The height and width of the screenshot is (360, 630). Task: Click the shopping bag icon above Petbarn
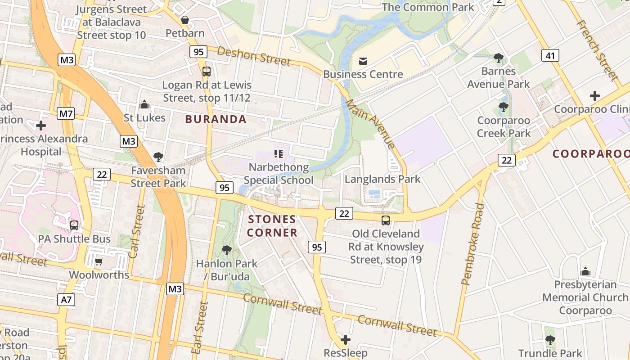pyautogui.click(x=184, y=20)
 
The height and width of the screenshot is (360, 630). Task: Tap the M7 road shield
pyautogui.click(x=66, y=114)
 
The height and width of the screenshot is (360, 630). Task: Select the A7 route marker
pyautogui.click(x=66, y=300)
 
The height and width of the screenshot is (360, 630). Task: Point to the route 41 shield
pyautogui.click(x=550, y=56)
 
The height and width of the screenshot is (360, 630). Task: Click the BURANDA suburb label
pyautogui.click(x=216, y=119)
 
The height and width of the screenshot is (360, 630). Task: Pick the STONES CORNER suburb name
pyautogui.click(x=273, y=226)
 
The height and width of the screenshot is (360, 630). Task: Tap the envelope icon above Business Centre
pyautogui.click(x=363, y=61)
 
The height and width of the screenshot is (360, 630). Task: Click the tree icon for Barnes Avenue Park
pyautogui.click(x=498, y=58)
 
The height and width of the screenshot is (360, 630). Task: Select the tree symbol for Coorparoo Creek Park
pyautogui.click(x=504, y=107)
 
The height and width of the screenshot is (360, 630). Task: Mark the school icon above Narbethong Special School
pyautogui.click(x=279, y=154)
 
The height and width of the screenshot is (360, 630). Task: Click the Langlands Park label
pyautogui.click(x=382, y=179)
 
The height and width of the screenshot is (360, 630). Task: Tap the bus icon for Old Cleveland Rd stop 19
pyautogui.click(x=386, y=220)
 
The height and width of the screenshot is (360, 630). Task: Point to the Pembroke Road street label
pyautogui.click(x=473, y=244)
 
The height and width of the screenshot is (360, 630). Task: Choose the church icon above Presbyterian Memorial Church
pyautogui.click(x=585, y=271)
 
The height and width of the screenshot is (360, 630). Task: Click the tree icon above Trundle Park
pyautogui.click(x=550, y=340)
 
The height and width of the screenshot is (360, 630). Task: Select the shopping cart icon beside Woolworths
pyautogui.click(x=99, y=261)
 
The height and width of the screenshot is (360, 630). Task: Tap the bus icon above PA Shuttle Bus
pyautogui.click(x=74, y=225)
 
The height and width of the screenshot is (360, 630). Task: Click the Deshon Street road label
pyautogui.click(x=254, y=56)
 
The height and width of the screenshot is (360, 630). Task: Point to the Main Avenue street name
pyautogui.click(x=370, y=123)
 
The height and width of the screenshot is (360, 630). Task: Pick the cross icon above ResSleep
pyautogui.click(x=346, y=339)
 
